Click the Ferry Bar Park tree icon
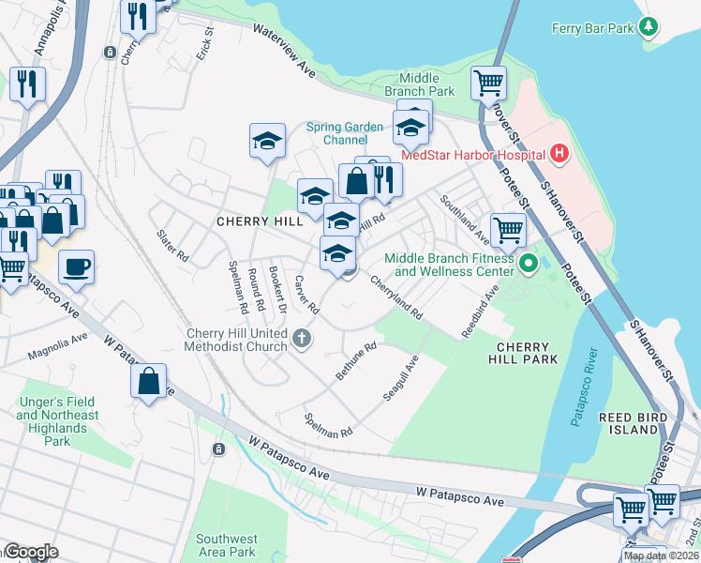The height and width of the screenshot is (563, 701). (648, 29)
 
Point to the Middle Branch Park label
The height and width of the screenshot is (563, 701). (426, 84)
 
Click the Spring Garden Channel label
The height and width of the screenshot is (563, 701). (344, 133)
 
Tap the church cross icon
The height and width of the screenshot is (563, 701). (301, 338)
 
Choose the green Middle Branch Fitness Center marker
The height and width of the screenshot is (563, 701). (528, 265)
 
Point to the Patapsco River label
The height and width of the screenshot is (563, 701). (583, 388)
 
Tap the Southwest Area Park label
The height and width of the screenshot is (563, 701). (227, 545)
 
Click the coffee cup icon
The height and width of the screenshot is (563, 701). (76, 266)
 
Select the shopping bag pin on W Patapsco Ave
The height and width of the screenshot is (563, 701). (148, 381)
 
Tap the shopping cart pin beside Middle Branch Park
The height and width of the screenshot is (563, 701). (488, 84)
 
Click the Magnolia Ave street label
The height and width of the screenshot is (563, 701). (57, 345)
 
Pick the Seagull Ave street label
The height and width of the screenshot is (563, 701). (400, 379)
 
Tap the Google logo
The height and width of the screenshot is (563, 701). (31, 552)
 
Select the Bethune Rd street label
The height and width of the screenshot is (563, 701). (356, 361)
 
